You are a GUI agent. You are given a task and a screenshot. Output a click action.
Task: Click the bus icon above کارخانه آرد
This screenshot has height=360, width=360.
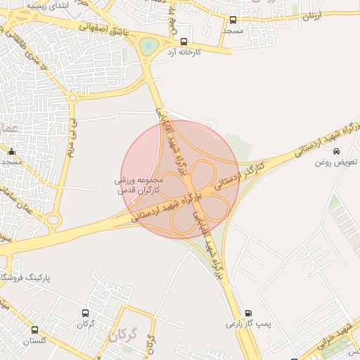click(x=184, y=41)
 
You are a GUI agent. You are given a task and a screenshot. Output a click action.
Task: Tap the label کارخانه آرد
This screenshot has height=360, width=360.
click(x=185, y=53)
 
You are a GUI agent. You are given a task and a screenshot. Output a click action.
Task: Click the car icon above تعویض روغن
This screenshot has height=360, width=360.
click(x=336, y=151)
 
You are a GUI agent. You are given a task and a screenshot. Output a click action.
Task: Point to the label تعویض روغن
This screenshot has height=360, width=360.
click(x=336, y=162)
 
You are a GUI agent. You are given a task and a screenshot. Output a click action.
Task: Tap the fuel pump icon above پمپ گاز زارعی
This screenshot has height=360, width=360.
click(x=247, y=313)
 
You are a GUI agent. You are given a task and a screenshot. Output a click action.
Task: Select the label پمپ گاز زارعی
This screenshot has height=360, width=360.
click(x=247, y=324)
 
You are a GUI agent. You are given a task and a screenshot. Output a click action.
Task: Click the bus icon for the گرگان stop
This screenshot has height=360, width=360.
click(x=86, y=313)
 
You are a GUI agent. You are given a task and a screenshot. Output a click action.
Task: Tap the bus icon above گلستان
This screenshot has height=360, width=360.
click(x=34, y=330)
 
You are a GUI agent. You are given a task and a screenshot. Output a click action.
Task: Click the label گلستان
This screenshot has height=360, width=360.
click(x=34, y=341)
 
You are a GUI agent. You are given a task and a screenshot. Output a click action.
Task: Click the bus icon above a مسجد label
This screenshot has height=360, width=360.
click(x=233, y=20)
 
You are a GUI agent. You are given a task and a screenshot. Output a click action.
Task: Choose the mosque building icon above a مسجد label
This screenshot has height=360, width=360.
click(x=11, y=151)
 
